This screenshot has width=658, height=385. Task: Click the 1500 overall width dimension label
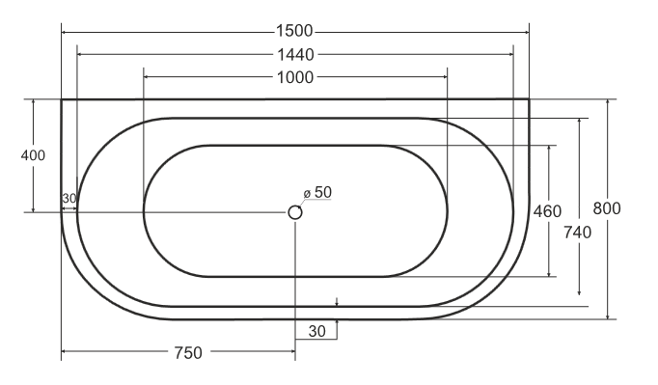[295, 31]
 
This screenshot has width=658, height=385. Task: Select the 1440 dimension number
[295, 55]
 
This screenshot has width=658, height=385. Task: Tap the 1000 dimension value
[295, 78]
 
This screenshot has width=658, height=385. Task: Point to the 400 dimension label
[33, 155]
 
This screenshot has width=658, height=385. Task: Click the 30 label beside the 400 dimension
[69, 199]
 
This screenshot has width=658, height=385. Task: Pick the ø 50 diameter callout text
[317, 192]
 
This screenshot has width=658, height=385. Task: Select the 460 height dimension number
[547, 211]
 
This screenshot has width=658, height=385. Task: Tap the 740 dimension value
[580, 233]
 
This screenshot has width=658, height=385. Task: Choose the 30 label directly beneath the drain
[316, 331]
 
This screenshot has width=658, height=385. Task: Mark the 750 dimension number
[188, 353]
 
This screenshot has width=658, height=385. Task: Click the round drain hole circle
[295, 212]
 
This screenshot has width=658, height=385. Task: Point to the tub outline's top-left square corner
[63, 99]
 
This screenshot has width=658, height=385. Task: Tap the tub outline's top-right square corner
[529, 99]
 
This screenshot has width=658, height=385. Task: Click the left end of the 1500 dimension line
[63, 32]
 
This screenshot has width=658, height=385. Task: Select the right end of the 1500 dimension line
[529, 32]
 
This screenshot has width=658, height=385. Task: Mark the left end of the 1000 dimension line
[144, 78]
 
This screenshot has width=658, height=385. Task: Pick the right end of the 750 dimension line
[295, 353]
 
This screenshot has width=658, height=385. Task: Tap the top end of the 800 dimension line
[607, 99]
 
